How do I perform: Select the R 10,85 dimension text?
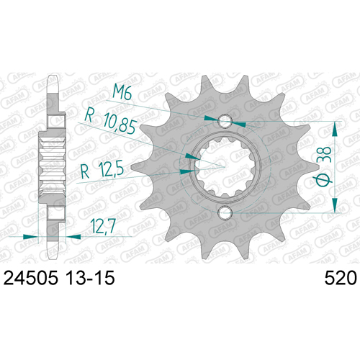click(x=110, y=122)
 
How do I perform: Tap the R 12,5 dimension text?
click(x=102, y=169)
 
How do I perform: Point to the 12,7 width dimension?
click(x=104, y=226)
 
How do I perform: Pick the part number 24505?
click(x=31, y=278)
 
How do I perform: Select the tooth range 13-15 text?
click(x=90, y=278)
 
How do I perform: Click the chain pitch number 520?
click(x=341, y=278)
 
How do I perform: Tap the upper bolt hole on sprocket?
click(x=225, y=121)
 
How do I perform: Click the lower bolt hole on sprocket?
click(x=225, y=212)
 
